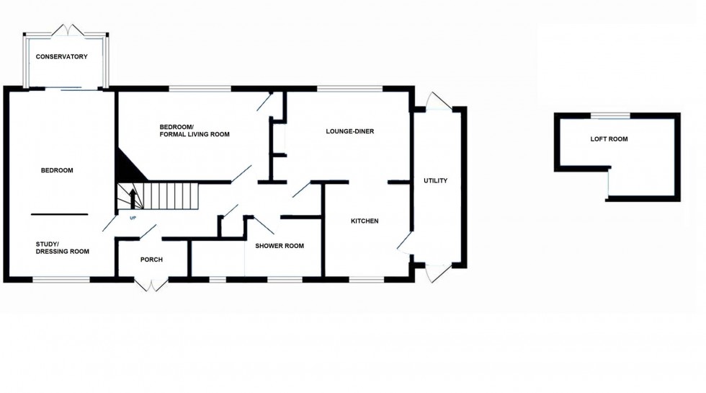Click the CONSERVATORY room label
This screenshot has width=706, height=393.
pyautogui.click(x=63, y=57)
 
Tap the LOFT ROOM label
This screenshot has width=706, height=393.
pyautogui.click(x=609, y=138)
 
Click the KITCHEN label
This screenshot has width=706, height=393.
pyautogui.click(x=365, y=221)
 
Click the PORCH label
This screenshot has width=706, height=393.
pyautogui.click(x=151, y=260)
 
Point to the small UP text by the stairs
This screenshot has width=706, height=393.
pyautogui.click(x=132, y=216)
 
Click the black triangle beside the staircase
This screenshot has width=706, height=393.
pyautogui.click(x=128, y=166)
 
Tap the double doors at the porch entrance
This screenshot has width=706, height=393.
pyautogui.click(x=151, y=285)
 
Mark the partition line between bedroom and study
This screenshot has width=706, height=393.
pyautogui.click(x=59, y=214)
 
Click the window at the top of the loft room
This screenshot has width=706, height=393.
pyautogui.click(x=611, y=115)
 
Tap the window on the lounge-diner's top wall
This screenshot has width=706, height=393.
pyautogui.click(x=349, y=89)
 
